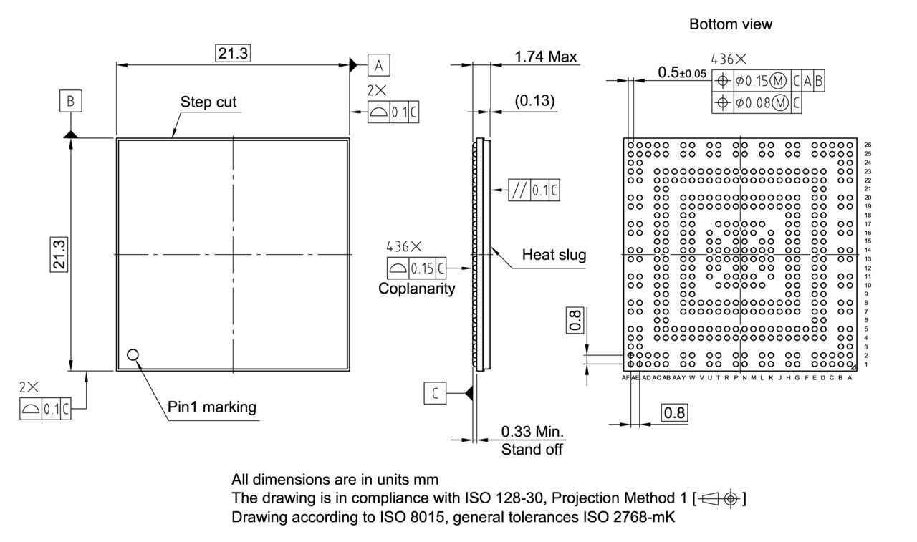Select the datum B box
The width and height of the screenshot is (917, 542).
tap(70, 102)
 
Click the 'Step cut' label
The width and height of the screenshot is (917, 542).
tap(208, 102)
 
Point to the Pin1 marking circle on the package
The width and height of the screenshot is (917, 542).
tap(132, 354)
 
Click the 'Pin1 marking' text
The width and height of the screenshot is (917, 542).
tap(211, 407)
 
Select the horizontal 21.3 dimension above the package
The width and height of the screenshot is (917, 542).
tap(233, 54)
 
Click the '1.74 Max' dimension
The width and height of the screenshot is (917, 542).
tap(545, 57)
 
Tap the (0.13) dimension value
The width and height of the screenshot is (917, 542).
tap(534, 101)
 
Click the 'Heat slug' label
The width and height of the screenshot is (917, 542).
tap(554, 254)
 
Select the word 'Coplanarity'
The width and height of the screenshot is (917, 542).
tap(416, 289)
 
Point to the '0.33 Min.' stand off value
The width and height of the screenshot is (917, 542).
tap(532, 432)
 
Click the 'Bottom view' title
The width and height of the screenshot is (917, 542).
tap(731, 24)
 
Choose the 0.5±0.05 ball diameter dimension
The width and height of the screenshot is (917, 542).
tap(681, 72)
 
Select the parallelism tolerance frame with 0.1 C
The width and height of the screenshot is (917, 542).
tap(534, 191)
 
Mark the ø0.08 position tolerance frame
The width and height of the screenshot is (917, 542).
tap(757, 104)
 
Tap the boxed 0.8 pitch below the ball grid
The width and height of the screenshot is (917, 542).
tap(674, 413)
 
